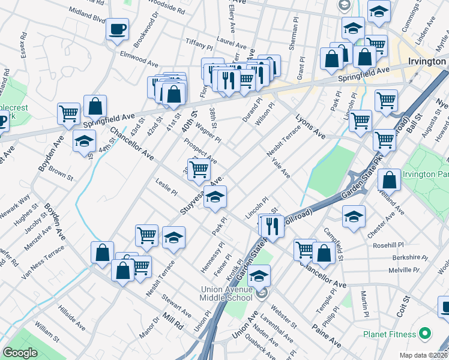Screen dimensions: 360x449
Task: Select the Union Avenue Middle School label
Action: point(235,294)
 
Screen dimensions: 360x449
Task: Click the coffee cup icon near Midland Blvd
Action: point(118,29)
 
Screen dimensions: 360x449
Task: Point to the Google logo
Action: point(20,353)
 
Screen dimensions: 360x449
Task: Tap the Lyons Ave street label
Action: point(309,126)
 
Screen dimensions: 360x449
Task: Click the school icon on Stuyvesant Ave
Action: point(215,197)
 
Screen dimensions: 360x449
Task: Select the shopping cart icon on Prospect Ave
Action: point(199,170)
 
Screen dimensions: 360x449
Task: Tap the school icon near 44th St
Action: point(84,142)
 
